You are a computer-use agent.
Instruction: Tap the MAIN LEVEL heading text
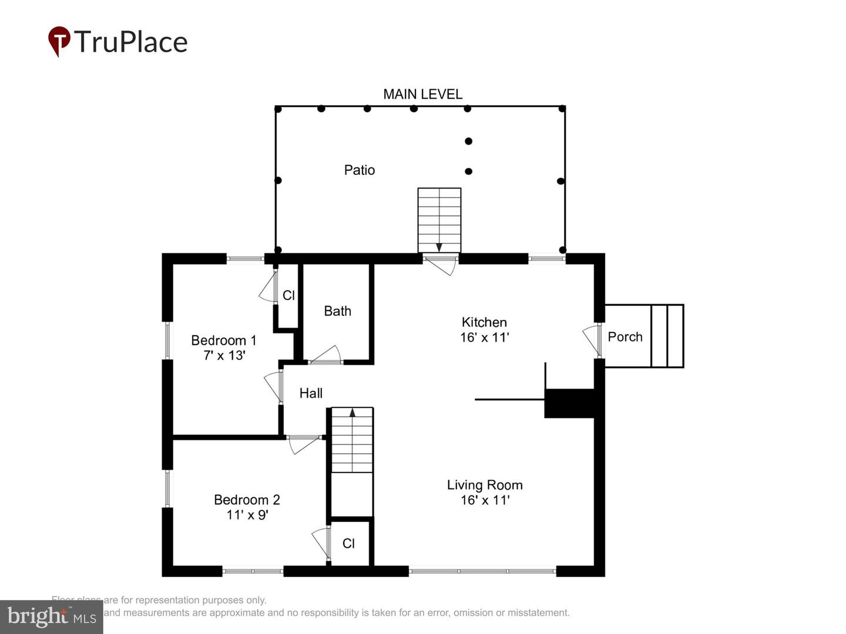(x=422, y=94)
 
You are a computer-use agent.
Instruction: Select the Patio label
(x=359, y=170)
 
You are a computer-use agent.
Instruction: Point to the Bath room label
(x=337, y=311)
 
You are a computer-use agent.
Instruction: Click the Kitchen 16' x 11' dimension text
(x=484, y=338)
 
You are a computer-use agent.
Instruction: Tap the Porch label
(x=625, y=337)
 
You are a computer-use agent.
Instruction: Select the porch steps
(x=667, y=336)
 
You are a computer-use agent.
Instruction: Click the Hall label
(x=311, y=393)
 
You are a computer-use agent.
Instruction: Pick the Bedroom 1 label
(x=223, y=340)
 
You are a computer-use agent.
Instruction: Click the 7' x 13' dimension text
(x=224, y=356)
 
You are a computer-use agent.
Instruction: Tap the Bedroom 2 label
(x=247, y=500)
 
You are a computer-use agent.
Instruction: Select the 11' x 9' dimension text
(x=247, y=515)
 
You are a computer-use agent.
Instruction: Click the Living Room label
(x=484, y=485)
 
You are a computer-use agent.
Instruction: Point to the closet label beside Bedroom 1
(x=288, y=295)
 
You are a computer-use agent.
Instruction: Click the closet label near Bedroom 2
(x=348, y=544)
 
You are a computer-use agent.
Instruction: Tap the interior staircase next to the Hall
(x=352, y=440)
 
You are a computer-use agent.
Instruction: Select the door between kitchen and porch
(x=592, y=340)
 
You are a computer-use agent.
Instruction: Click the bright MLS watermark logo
(x=52, y=616)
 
